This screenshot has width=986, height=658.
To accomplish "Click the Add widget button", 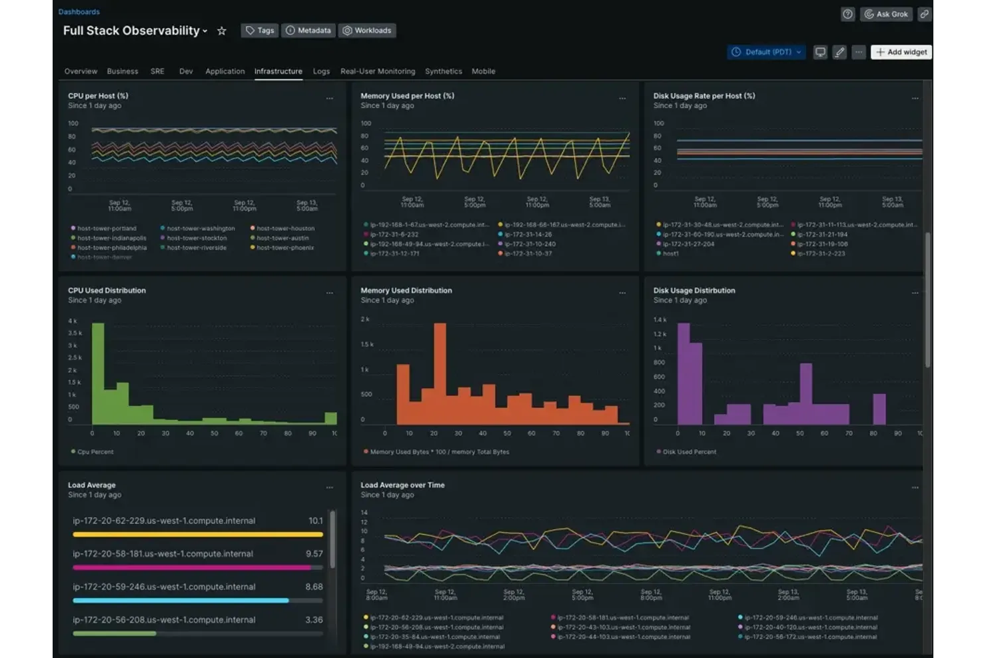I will click(x=901, y=52).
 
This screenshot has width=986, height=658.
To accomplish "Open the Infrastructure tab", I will click(x=278, y=71).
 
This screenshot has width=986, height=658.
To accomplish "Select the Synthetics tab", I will click(x=443, y=71).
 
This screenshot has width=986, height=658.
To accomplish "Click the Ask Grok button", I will click(x=885, y=14).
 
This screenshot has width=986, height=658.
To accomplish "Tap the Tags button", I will click(x=259, y=31).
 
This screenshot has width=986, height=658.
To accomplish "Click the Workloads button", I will click(x=367, y=31).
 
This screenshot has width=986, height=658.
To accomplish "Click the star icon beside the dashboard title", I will click(x=222, y=31).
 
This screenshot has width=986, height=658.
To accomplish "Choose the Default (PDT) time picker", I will click(x=767, y=52).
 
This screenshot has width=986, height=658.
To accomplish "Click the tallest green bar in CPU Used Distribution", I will click(x=98, y=373).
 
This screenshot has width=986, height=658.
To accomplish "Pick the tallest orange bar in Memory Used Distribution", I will click(x=440, y=373).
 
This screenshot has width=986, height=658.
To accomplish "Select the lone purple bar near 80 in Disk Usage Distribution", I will click(x=879, y=409).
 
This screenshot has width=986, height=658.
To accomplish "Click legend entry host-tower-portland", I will click(x=106, y=229).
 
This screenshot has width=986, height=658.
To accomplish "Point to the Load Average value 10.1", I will click(x=315, y=521).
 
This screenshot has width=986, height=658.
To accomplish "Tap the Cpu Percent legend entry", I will click(x=95, y=452).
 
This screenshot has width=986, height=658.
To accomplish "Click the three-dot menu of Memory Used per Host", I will click(x=622, y=99).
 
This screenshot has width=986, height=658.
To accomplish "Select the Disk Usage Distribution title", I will click(x=694, y=291).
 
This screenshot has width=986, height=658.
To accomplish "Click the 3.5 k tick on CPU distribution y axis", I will click(x=75, y=333).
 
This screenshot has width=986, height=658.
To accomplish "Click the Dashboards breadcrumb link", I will click(x=79, y=12).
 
